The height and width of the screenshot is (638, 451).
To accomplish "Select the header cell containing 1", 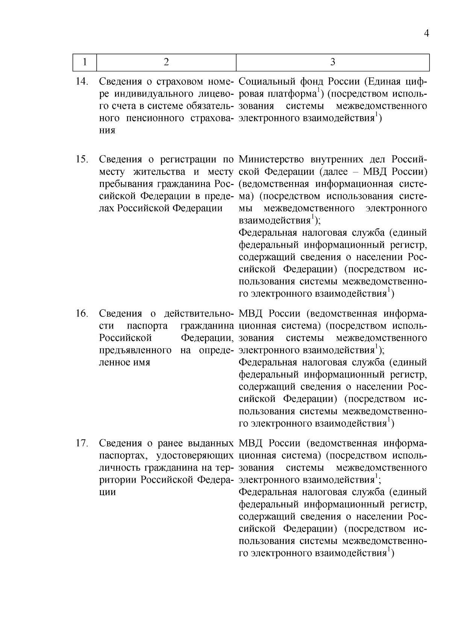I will pyautogui.click(x=85, y=62).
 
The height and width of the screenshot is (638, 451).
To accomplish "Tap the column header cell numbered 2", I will pyautogui.click(x=166, y=62).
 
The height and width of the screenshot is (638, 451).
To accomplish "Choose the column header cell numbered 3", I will pyautogui.click(x=332, y=62).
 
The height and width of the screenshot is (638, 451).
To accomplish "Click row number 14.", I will pyautogui.click(x=82, y=82).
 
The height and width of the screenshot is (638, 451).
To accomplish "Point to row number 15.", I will pyautogui.click(x=82, y=159).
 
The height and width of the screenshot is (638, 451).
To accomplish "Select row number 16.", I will pyautogui.click(x=82, y=314).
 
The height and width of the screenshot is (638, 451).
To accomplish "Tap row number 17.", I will pyautogui.click(x=82, y=443).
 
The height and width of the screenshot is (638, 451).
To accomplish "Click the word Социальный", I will pyautogui.click(x=266, y=82).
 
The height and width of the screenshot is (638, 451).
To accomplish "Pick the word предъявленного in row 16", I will pyautogui.click(x=135, y=350).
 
